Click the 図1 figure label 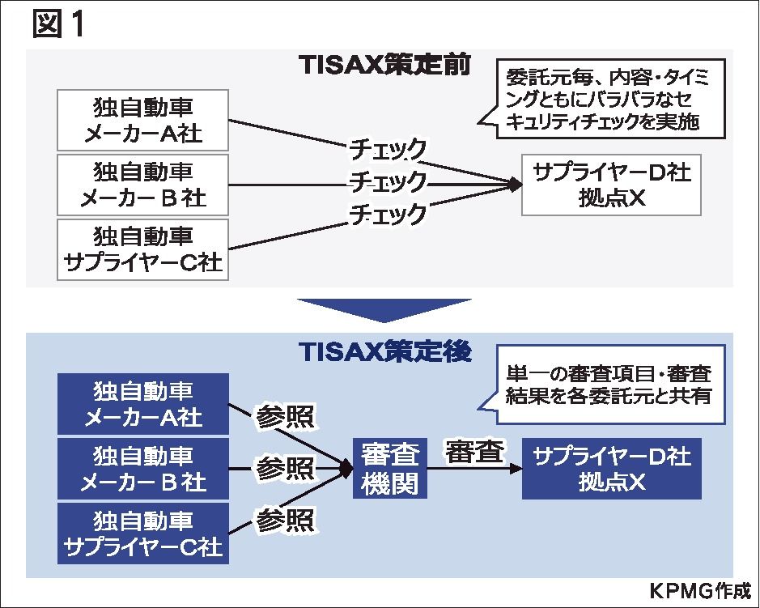58,25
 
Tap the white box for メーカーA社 143,120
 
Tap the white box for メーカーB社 143,184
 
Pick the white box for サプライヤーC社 143,249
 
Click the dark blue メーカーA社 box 143,403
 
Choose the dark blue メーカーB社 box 143,468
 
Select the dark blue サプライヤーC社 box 143,532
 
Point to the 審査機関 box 390,468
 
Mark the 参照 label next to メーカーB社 285,468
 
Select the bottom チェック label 387,214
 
